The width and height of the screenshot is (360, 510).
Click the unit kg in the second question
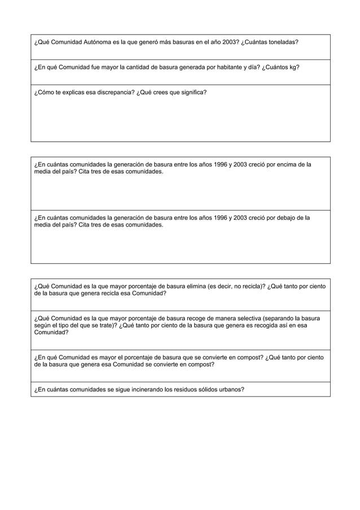pos(295,67)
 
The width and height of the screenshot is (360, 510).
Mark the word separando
pos(272,318)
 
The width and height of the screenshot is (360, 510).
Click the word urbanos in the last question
pos(230,389)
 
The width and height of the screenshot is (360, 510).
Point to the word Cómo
pos(47,91)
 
